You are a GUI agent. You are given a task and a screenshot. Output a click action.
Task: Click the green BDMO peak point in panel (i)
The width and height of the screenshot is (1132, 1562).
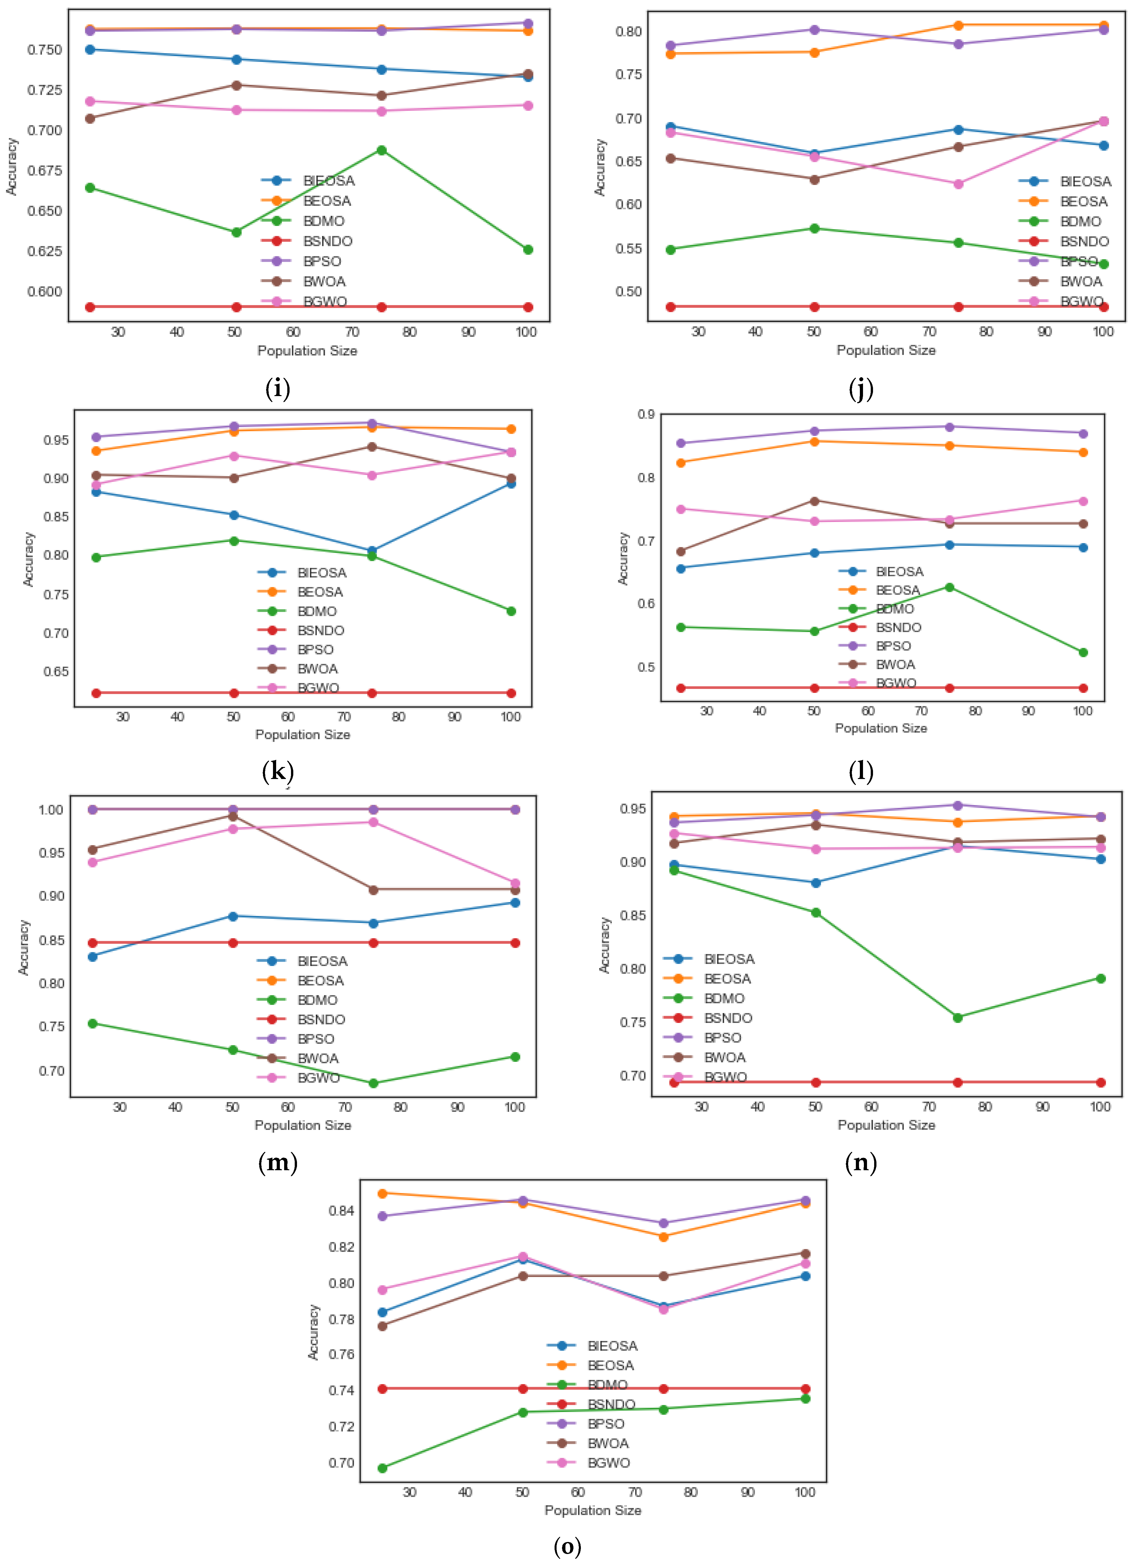381,150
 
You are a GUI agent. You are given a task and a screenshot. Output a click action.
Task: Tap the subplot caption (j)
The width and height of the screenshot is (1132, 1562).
861,389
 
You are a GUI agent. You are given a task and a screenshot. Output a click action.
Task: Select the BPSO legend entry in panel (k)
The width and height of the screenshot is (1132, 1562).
315,649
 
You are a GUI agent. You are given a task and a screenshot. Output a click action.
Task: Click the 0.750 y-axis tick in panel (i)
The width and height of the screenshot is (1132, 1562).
44,49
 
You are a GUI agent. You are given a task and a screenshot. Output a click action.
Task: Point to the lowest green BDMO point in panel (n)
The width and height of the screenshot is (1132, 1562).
957,1017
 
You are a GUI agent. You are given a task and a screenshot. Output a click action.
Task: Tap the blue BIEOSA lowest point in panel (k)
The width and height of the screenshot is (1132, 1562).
372,551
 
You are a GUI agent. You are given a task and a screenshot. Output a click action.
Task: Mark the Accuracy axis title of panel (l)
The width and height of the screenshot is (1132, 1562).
623,559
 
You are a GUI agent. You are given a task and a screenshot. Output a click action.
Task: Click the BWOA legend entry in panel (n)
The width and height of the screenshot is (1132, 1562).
724,1057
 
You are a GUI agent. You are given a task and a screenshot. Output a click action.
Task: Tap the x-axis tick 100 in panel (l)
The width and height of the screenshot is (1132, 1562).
1083,711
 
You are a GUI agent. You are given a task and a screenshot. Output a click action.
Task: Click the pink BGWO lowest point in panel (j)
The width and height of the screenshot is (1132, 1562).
958,184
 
